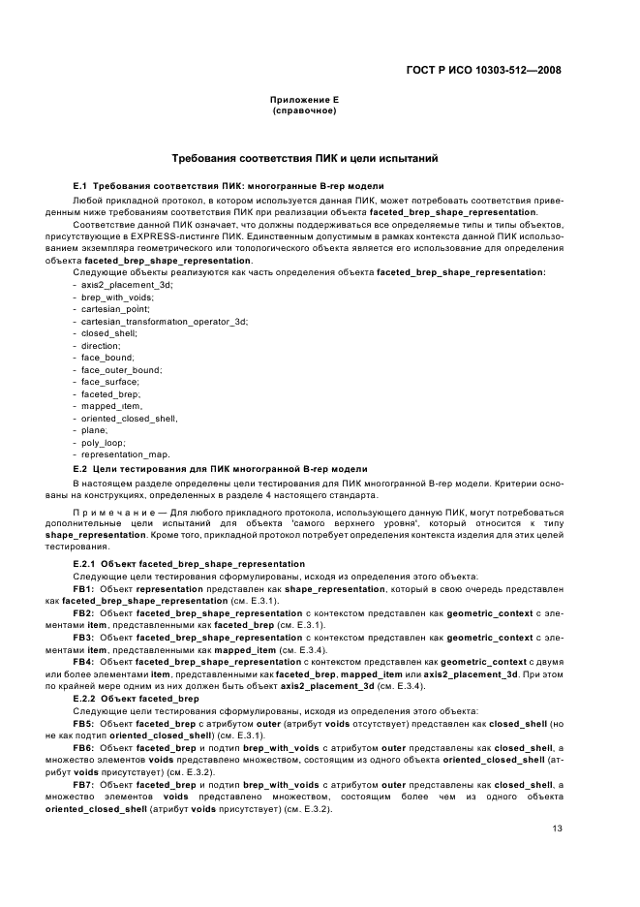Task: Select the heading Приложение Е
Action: click(x=304, y=101)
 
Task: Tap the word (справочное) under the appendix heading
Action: click(x=304, y=110)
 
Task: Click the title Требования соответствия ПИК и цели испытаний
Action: click(x=304, y=157)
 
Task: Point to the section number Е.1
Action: click(x=81, y=185)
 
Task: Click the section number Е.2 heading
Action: click(x=81, y=469)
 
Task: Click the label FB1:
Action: click(x=83, y=588)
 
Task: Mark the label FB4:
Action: click(x=83, y=662)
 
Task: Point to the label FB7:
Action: click(x=83, y=785)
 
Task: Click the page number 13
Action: click(x=557, y=828)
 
